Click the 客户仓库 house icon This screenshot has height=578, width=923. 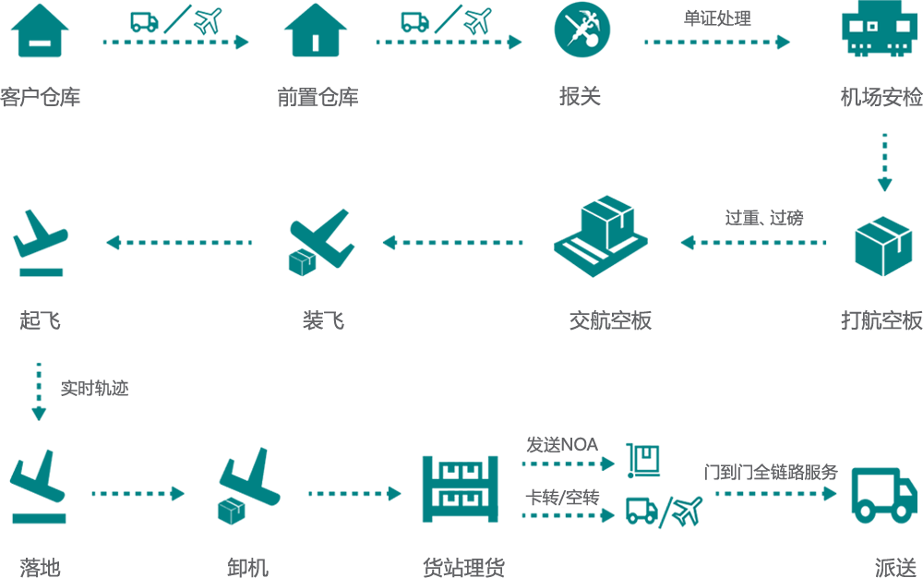tap(40, 30)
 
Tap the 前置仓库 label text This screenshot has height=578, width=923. tap(318, 97)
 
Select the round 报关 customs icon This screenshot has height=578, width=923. tap(582, 30)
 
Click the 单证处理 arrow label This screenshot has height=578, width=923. tap(717, 18)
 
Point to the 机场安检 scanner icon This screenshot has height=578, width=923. tap(880, 29)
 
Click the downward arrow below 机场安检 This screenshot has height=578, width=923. tap(884, 162)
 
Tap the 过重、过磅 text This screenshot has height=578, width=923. tap(764, 219)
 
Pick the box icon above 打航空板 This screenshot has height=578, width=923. tap(883, 246)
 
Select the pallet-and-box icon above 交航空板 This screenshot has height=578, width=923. tap(601, 236)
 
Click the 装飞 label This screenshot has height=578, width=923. tap(323, 320)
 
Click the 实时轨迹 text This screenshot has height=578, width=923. tap(94, 389)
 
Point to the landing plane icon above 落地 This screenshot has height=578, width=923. tap(39, 487)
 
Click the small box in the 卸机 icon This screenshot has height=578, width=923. tap(232, 511)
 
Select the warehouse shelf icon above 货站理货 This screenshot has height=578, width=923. tap(461, 489)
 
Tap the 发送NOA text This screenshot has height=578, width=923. tap(562, 445)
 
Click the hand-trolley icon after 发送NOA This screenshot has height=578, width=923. tap(642, 461)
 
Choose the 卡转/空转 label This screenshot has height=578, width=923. tap(562, 498)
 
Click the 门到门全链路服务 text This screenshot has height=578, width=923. tap(771, 472)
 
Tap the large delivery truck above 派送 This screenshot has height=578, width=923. tap(885, 495)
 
